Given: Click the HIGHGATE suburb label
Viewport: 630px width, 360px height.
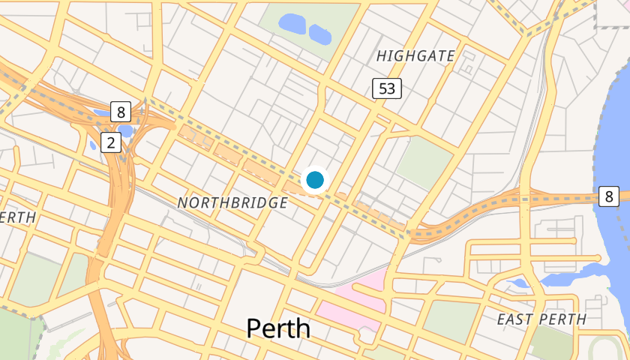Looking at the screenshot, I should coord(415,56).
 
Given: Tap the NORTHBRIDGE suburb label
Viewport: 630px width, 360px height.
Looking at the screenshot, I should coord(232,203).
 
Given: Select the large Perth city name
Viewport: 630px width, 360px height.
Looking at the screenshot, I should coord(278,328).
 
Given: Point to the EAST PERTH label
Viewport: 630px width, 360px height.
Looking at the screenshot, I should coord(541,319).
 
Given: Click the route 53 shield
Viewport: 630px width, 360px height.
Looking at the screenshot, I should coord(387,89).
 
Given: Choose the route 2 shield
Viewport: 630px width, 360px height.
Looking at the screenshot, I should coord(111,143).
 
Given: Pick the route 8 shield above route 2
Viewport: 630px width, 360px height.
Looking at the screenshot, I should coord(121,112).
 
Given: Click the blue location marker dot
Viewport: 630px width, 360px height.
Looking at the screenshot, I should coord(315,180).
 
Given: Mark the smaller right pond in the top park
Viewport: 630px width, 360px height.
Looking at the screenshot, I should coord(320,34).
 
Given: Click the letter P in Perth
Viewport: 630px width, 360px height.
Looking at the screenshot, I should coord(255,328).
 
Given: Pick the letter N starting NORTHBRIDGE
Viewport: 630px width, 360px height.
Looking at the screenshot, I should coord(183,203).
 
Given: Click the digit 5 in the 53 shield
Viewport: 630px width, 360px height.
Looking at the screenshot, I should coord(382,89).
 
